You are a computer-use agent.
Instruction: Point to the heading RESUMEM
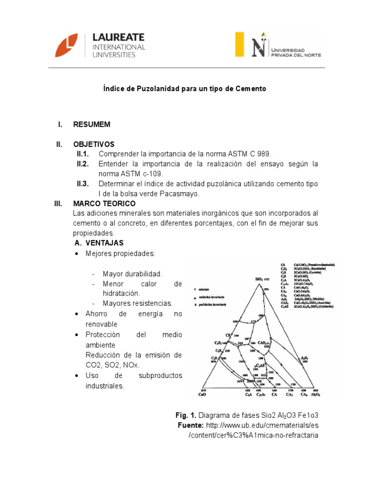(92, 125)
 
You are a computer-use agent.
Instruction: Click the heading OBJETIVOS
(93, 144)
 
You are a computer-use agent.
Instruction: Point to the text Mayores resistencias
(137, 303)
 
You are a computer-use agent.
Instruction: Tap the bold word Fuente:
(191, 425)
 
